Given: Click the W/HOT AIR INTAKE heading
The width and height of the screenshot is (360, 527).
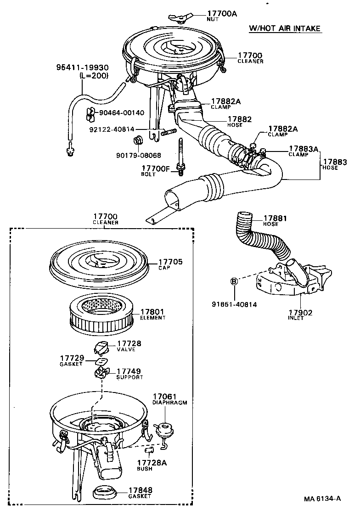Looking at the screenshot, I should (x=285, y=28).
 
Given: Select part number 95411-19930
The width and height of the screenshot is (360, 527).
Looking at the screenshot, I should (x=76, y=68).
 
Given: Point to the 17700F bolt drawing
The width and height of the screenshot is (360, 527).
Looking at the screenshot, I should (x=180, y=156).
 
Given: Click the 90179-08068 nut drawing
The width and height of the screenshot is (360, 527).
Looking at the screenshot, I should (x=137, y=140).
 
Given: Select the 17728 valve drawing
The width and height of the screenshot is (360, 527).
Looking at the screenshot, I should (x=102, y=348).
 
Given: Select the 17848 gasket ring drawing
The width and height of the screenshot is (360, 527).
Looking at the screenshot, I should (x=106, y=492).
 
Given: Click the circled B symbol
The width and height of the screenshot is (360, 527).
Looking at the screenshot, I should (x=234, y=281).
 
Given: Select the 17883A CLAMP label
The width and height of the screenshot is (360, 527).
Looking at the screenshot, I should (x=304, y=151).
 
